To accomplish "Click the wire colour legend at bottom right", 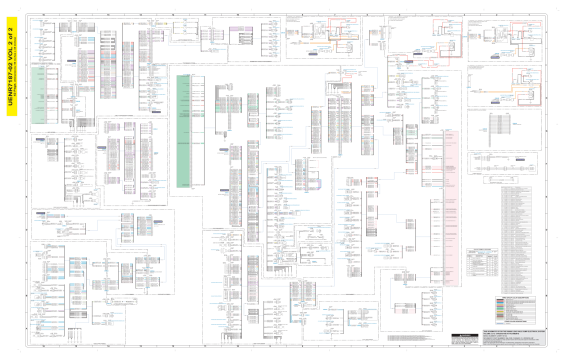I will click(x=513, y=310).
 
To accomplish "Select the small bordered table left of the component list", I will click(x=475, y=263).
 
